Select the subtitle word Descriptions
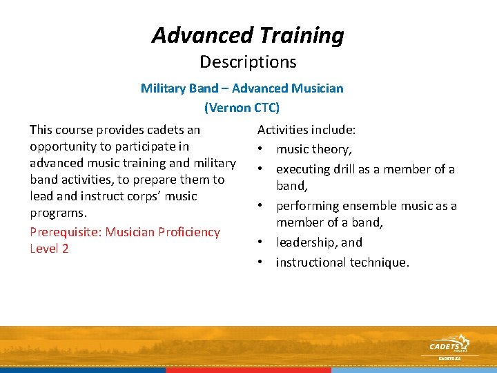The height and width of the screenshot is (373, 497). (x=248, y=62)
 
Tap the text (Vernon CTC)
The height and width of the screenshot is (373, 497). (x=242, y=107)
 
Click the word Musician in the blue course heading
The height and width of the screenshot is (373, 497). (x=316, y=88)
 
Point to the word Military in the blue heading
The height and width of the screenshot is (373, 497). (x=164, y=88)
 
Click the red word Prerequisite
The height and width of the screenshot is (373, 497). (x=66, y=232)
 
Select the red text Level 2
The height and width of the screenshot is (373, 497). (x=49, y=249)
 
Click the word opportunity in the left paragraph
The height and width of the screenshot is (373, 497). (x=67, y=146)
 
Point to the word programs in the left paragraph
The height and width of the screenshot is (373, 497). (x=57, y=213)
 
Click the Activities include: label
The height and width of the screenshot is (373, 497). (x=306, y=130)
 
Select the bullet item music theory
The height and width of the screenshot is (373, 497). (x=313, y=149)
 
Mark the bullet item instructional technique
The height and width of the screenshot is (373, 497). (x=342, y=262)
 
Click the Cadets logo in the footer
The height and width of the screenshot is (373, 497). (x=449, y=345)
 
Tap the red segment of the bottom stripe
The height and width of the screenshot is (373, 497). (x=248, y=370)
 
